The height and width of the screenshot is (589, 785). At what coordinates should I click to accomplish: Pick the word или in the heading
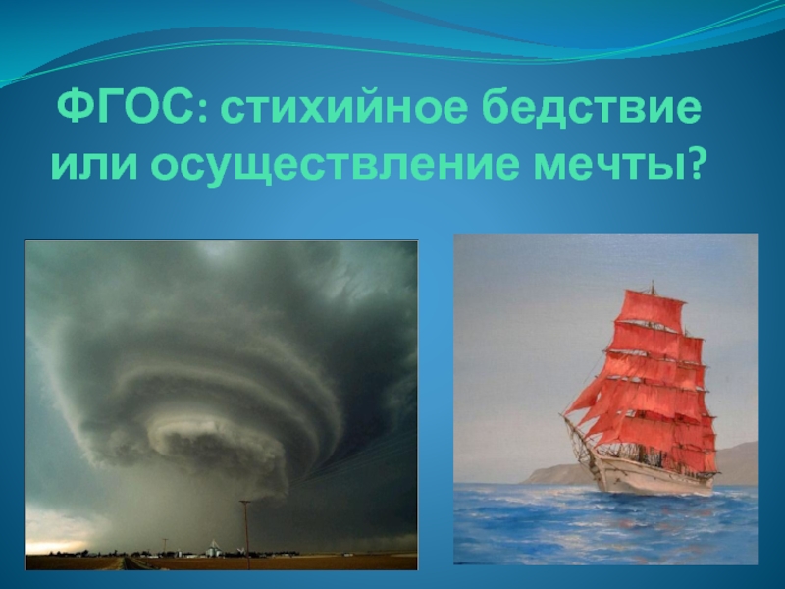(93, 165)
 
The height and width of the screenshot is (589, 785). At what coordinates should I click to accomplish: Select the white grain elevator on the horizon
(213, 548)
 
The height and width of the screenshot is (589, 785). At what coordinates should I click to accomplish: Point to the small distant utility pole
(165, 547)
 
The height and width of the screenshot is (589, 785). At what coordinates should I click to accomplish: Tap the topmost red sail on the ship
(650, 306)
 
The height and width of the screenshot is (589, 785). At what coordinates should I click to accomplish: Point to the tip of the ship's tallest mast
(653, 282)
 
